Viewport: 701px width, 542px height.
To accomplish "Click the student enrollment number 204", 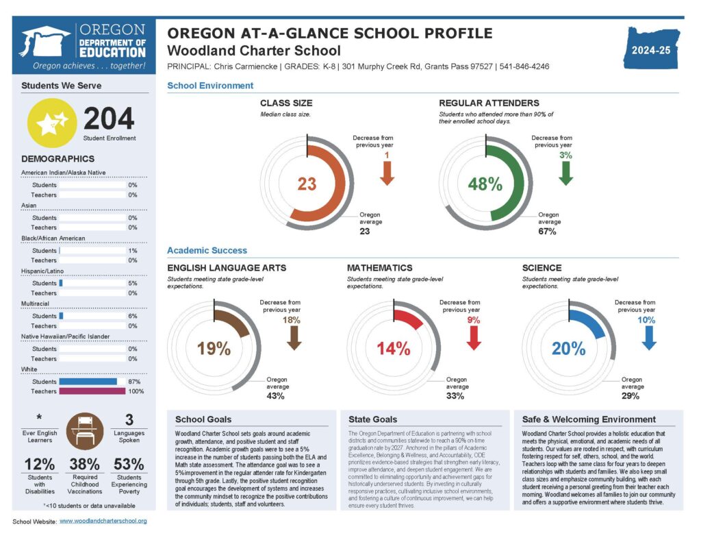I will [x=109, y=119].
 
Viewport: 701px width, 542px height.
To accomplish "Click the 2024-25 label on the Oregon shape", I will [x=651, y=51].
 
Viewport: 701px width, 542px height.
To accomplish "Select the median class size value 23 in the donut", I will [x=307, y=184].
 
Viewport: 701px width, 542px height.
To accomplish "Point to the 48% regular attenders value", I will [x=485, y=184].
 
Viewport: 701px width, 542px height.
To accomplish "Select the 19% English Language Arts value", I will [x=214, y=348].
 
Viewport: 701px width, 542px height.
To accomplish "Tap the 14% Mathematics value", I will [x=393, y=348].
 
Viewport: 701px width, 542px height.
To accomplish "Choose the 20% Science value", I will [x=568, y=348].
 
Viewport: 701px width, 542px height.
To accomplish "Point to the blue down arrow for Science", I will [x=649, y=337].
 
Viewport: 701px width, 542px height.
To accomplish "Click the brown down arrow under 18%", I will [x=294, y=337].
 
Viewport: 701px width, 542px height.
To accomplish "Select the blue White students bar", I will [x=88, y=382].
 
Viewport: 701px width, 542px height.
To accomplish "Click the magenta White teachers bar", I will [x=92, y=391].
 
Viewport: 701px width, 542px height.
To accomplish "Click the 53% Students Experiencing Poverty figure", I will [x=129, y=464].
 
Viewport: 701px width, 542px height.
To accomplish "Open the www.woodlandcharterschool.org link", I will [x=103, y=521].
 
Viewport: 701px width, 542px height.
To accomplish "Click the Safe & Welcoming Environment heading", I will [x=589, y=419].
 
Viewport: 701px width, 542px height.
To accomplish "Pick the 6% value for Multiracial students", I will [x=132, y=316].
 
